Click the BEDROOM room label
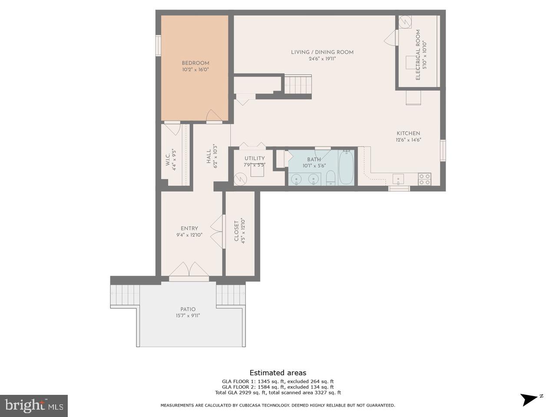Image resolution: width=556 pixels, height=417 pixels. pyautogui.click(x=195, y=63)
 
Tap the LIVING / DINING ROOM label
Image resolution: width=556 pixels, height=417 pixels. pyautogui.click(x=322, y=52)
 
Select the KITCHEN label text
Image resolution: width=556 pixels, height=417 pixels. pyautogui.click(x=408, y=133)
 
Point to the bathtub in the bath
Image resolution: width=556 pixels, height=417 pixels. pyautogui.click(x=346, y=167)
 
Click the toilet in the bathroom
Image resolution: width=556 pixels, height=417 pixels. pyautogui.click(x=331, y=178)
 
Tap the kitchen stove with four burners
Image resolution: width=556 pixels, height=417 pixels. pyautogui.click(x=424, y=179)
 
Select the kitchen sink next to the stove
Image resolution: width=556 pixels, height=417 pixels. pyautogui.click(x=398, y=179)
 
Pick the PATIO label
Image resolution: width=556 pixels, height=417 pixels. pyautogui.click(x=188, y=309)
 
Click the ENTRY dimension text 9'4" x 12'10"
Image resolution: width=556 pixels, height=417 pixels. pyautogui.click(x=189, y=235)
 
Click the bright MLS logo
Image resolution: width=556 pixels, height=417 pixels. pyautogui.click(x=34, y=406)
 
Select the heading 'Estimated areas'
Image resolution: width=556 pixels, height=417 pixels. pyautogui.click(x=278, y=373)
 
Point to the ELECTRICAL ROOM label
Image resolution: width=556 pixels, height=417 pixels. pyautogui.click(x=418, y=55)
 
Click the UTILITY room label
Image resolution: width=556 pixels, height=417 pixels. pyautogui.click(x=255, y=158)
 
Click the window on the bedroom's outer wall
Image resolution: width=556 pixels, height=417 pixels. pyautogui.click(x=158, y=45)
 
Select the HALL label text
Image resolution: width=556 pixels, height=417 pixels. pyautogui.click(x=209, y=156)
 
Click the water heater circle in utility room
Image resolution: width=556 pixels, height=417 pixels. pyautogui.click(x=240, y=179)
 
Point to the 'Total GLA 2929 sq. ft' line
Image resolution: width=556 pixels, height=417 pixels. pyautogui.click(x=278, y=393)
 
